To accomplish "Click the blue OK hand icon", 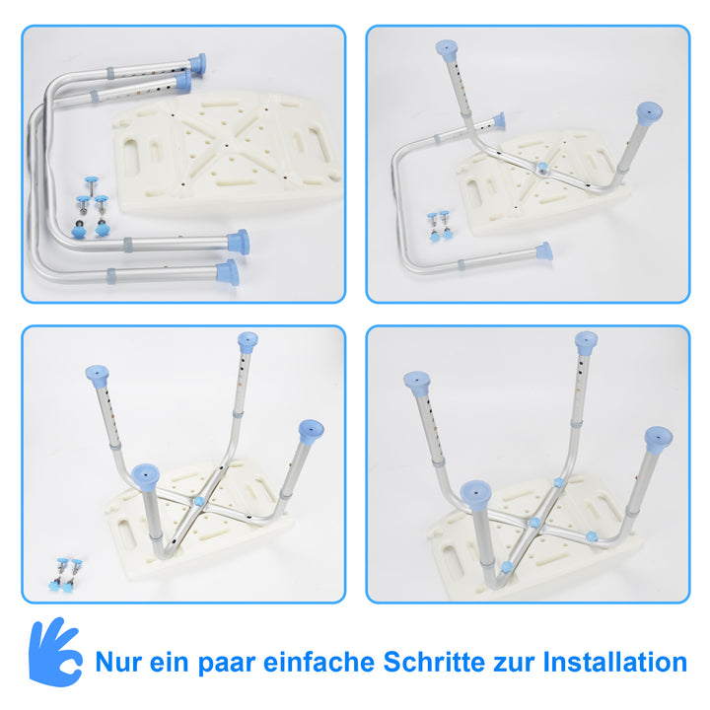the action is point(55,653).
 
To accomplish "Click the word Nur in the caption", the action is point(119,663).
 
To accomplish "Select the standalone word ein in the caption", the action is point(169,663).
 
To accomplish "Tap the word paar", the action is point(227,665).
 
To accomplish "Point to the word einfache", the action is point(319,662).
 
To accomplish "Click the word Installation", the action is point(615,662).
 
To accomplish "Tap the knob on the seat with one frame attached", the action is point(541,169).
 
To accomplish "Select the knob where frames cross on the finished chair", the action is point(534,523).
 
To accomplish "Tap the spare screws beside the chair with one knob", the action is point(66,575).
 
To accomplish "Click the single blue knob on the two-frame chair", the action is point(198,501).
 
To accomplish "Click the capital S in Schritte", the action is point(392,662).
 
